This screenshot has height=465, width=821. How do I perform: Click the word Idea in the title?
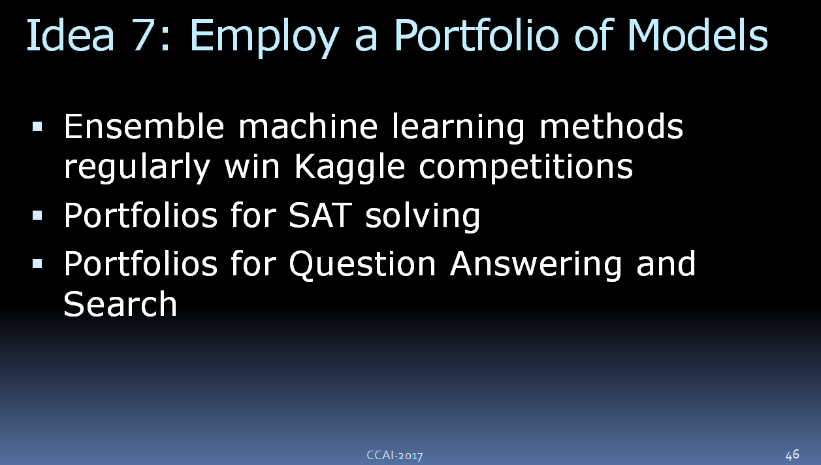coord(71,35)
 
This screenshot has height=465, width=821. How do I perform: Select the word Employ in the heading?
coord(264,37)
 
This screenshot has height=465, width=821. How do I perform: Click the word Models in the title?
coord(698,34)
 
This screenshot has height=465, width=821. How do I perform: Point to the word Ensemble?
coord(144,126)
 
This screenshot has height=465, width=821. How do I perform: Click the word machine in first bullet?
coord(308,126)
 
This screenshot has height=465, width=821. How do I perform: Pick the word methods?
coord(611,126)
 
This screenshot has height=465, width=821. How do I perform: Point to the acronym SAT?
coord(320,215)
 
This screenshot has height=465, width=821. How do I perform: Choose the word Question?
coord(362,264)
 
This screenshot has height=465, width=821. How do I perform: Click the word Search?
coord(120,304)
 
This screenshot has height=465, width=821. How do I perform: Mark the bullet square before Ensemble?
coord(37,127)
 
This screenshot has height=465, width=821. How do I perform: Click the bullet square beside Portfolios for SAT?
coord(37,215)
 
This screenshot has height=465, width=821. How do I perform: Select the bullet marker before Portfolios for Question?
coord(37,264)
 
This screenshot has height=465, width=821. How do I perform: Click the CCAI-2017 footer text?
coord(394,455)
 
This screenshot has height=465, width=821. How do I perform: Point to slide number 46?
coord(792,455)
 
